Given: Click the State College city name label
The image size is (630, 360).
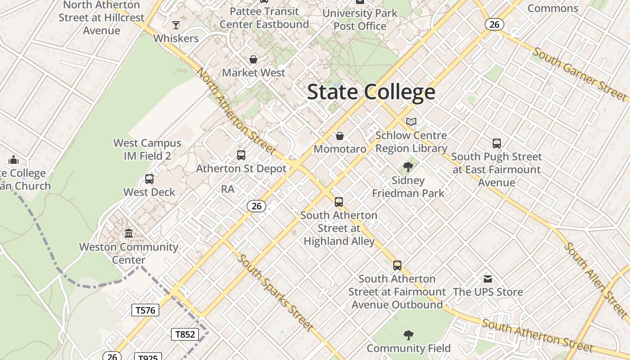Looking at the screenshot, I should point(371,92).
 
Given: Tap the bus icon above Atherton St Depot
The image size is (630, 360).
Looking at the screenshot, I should point(241,155).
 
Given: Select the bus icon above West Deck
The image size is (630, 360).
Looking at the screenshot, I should point(149,179).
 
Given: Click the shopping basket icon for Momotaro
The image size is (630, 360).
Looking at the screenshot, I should point(340,135).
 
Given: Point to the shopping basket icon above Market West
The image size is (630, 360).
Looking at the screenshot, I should point(253,59).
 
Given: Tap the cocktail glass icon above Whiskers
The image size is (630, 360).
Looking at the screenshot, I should point(176,25).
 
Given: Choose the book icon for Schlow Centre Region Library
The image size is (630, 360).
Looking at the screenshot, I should point(411,121).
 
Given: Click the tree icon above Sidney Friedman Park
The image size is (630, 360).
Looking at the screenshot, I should point(408,167).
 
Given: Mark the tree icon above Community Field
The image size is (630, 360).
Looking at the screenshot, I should point(408,335).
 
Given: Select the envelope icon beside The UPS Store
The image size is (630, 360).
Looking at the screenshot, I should point(488,279).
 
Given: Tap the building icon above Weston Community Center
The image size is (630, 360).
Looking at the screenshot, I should point(129,233).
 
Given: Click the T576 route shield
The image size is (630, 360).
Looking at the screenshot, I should point(145,310).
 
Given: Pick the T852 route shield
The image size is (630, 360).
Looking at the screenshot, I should point(185,334).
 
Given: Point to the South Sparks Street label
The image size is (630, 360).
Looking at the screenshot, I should point(275,292).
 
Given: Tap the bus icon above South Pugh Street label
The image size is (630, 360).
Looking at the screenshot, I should point(496,144).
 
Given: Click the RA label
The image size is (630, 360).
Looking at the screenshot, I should point(228,189).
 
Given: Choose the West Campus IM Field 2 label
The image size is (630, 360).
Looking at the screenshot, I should point(147,149).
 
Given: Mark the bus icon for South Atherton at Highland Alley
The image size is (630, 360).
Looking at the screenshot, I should point(339,202).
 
